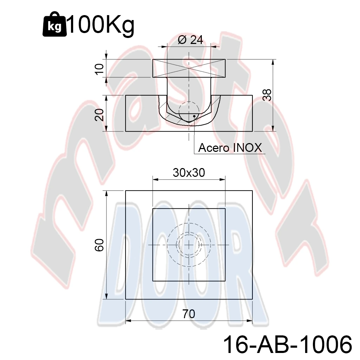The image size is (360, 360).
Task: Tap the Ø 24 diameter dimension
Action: tap(191, 40)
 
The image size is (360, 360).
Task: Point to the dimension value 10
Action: tap(99, 69)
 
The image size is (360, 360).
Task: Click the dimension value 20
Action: tap(99, 115)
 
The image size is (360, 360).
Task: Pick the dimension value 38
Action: tap(267, 95)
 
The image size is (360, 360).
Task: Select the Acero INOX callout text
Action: tap(230, 148)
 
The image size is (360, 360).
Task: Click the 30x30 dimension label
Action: tap(189, 172)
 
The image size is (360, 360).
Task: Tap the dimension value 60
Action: tap(99, 245)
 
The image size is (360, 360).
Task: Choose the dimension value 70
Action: tap(189, 314)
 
